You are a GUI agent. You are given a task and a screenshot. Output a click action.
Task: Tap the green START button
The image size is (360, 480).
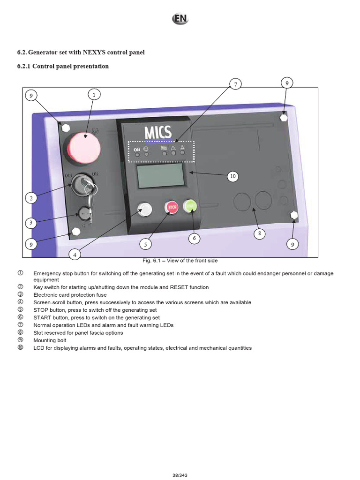pos(190,206)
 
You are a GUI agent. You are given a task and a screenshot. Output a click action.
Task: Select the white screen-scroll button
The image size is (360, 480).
pos(145,210)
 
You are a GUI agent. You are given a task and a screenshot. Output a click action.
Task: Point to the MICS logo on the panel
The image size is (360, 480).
pos(158,133)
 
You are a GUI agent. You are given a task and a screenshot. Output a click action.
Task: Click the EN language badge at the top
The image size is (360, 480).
pos(180,19)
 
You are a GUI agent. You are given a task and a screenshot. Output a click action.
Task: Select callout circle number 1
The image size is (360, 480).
pos(94,95)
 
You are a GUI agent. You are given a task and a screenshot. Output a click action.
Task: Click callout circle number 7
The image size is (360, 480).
pos(236,84)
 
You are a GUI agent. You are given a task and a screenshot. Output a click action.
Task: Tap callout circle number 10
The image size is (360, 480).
pos(233,176)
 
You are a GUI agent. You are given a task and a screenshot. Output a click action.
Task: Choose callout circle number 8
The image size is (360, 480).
pos(259,234)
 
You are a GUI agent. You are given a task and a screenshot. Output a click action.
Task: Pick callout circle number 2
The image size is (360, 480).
pos(31,198)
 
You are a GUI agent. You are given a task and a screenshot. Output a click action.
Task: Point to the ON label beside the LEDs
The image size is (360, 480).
pos(137,150)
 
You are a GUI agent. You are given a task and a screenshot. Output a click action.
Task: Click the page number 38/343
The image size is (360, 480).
pos(180,475)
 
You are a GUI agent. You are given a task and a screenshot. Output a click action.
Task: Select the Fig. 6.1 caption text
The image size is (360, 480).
pos(180,261)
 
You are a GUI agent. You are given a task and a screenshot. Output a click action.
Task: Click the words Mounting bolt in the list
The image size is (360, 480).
pos(51,340)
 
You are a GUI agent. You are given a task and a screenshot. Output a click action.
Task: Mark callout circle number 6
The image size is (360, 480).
pos(194,238)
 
